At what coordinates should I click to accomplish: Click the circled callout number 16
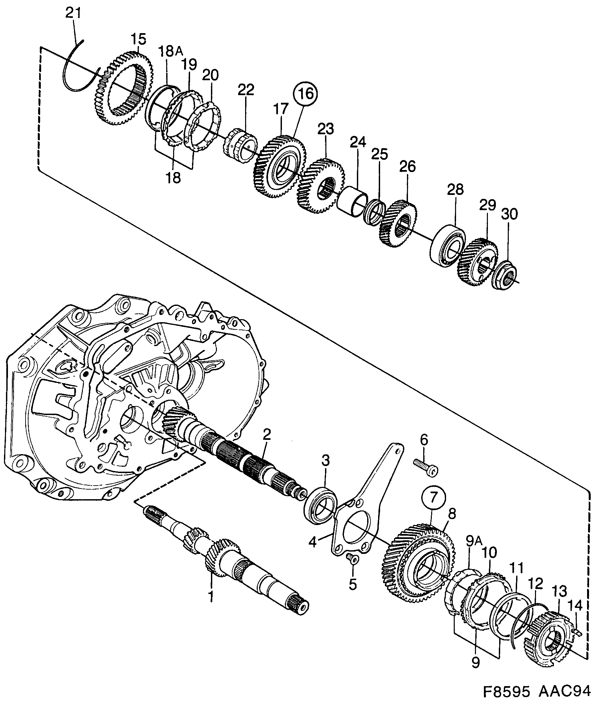[305, 94]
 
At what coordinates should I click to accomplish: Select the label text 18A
[171, 51]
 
